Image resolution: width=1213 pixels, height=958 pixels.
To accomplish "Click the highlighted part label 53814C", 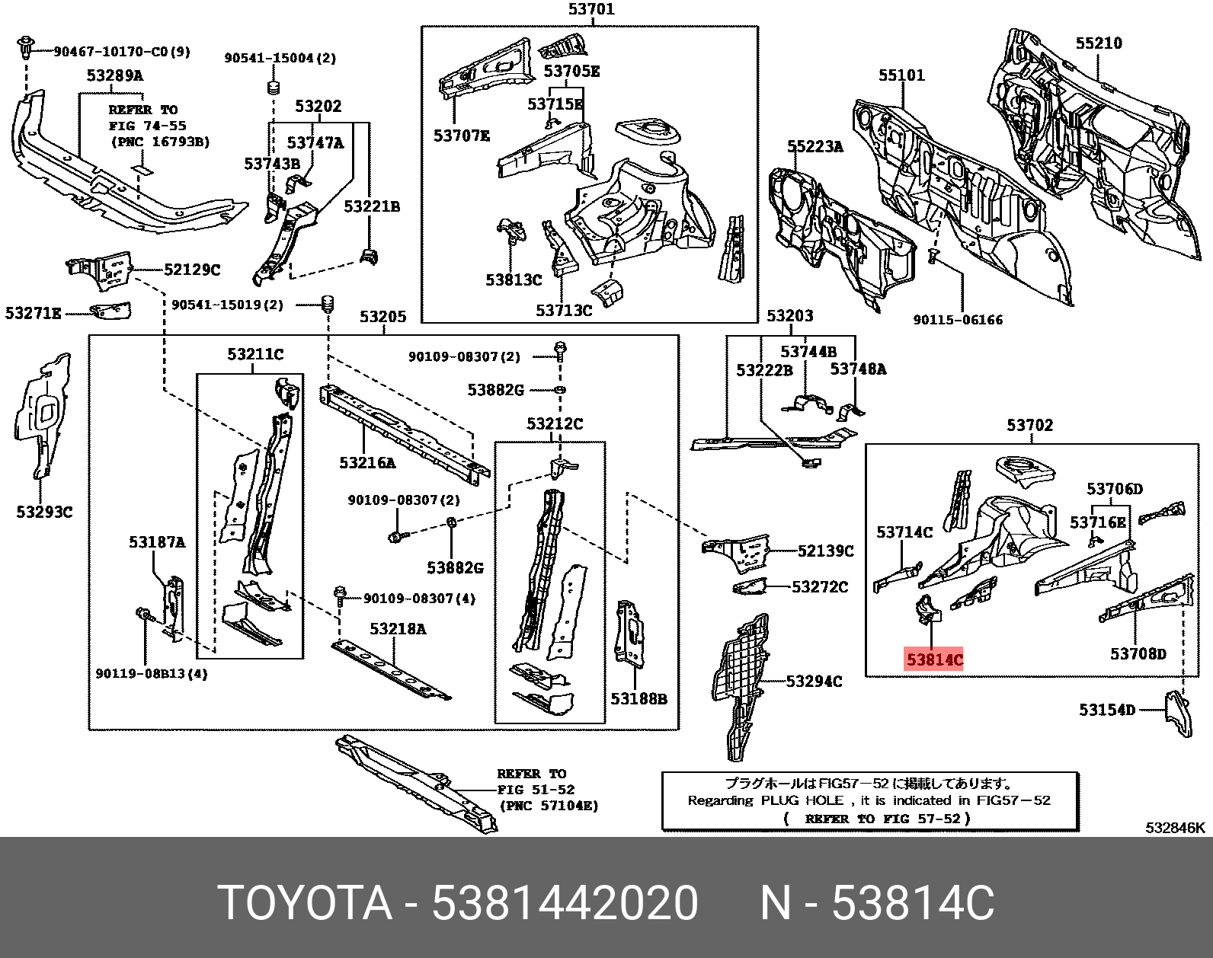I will click(933, 659).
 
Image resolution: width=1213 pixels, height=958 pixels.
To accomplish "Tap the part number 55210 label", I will click(1098, 43).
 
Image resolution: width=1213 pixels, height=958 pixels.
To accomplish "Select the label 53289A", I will click(114, 75).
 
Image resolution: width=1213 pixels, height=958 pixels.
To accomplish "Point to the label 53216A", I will click(367, 462).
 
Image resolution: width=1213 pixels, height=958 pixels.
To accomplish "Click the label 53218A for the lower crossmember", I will click(398, 628).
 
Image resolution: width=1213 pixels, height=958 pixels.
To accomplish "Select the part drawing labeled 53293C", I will click(42, 415).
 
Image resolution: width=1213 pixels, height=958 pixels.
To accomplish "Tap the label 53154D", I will click(1106, 710).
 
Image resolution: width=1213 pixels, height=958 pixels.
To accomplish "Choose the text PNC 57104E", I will click(549, 806).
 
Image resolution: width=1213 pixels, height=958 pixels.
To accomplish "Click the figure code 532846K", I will click(1175, 828).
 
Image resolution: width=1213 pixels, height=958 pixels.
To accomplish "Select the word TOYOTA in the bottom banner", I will click(305, 904).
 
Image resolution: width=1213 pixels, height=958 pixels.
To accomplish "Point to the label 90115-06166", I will click(958, 320).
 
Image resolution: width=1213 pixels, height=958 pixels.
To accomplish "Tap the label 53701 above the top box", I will click(590, 10).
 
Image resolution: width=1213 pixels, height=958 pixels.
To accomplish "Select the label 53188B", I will click(639, 698).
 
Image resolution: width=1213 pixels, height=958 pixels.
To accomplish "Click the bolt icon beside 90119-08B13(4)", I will click(143, 614).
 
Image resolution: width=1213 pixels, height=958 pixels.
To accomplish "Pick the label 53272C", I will click(819, 586).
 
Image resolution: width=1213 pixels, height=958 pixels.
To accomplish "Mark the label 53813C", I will click(513, 279).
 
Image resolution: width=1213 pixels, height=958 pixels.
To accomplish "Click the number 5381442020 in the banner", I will click(565, 904).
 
